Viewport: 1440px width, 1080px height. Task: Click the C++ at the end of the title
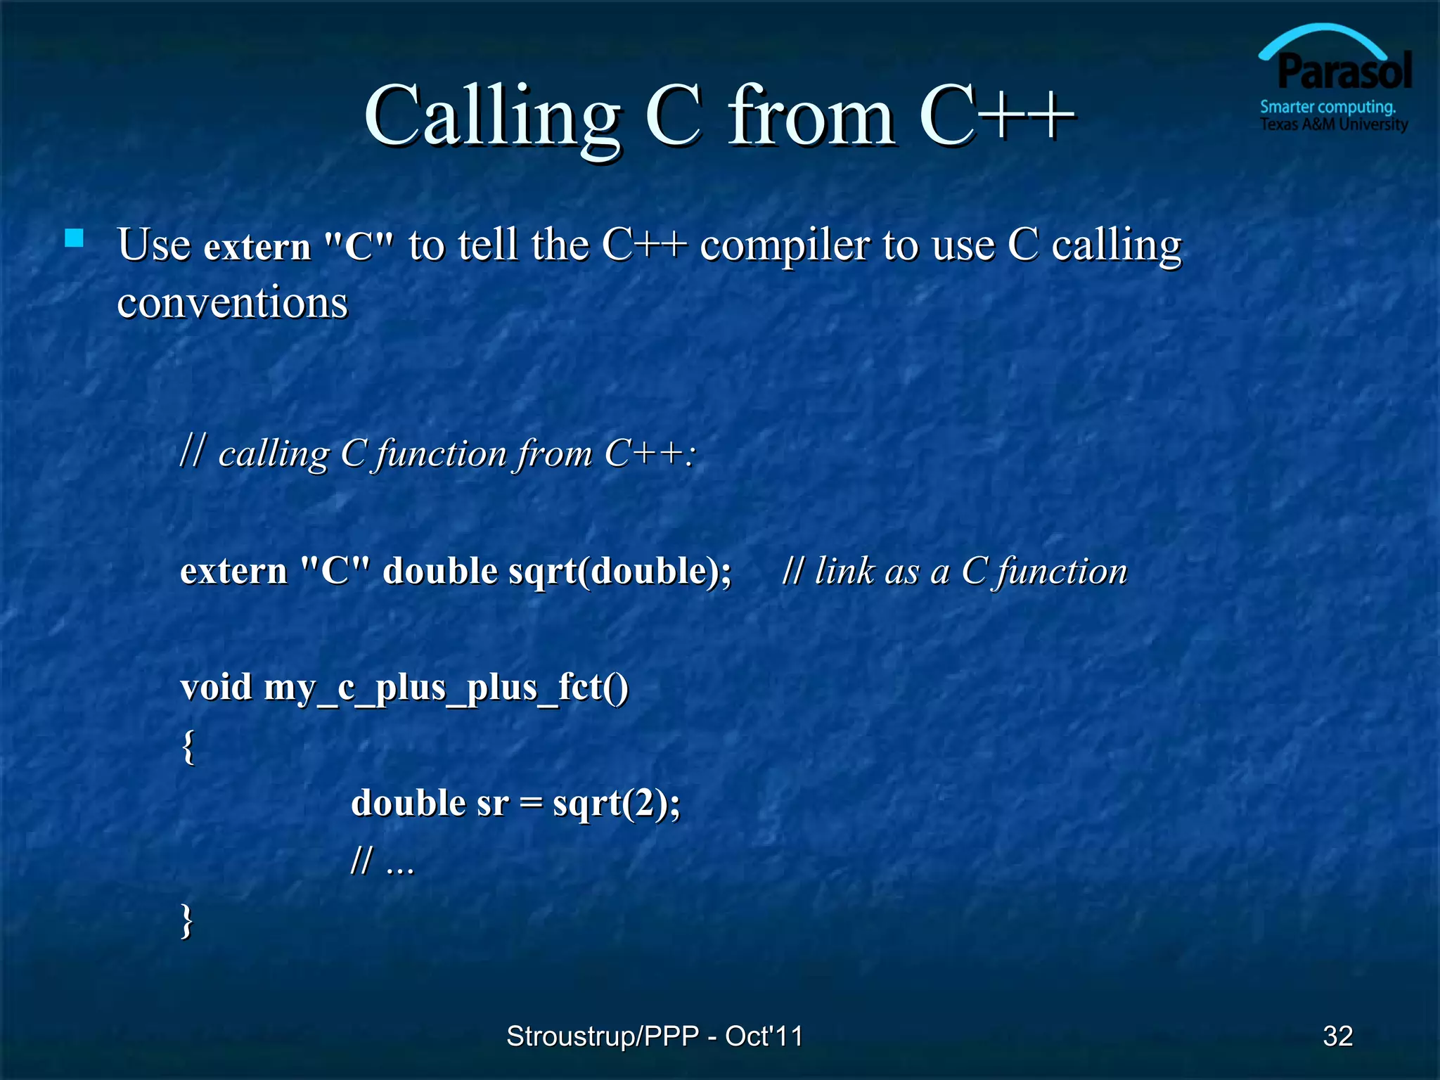[996, 116]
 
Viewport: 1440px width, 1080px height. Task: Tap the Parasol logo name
[1344, 72]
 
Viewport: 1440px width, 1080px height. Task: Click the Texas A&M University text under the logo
[1334, 125]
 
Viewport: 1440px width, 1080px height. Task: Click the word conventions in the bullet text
[232, 304]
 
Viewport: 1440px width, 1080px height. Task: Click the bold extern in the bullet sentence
[257, 247]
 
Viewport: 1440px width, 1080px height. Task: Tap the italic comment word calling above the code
[274, 454]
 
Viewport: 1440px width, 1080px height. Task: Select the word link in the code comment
[844, 571]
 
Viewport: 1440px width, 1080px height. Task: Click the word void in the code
[216, 687]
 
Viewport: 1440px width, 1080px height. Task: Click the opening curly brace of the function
[188, 747]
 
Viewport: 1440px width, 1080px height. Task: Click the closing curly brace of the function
[187, 920]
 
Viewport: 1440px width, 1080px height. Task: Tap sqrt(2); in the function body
[617, 804]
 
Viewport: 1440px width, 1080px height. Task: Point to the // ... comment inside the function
[382, 862]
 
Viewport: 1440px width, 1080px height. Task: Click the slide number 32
[1337, 1036]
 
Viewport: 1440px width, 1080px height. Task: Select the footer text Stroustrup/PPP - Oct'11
[655, 1036]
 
